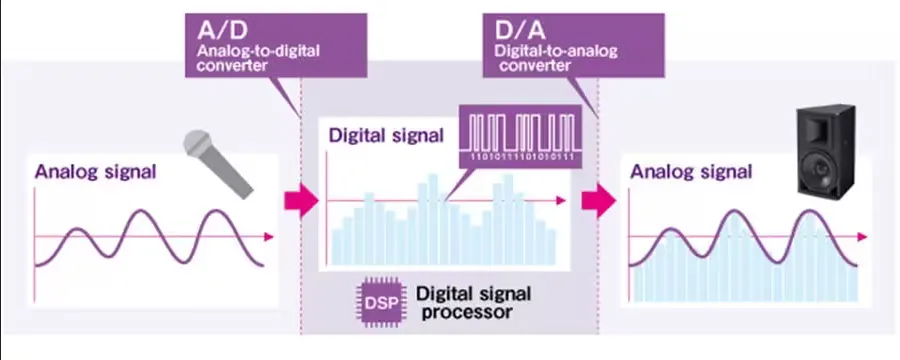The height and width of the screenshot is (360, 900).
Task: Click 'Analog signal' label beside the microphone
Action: click(95, 171)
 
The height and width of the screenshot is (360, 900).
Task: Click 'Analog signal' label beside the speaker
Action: click(690, 171)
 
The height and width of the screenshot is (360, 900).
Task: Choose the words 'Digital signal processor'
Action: click(473, 302)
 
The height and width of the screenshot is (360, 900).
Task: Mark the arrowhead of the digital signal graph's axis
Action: click(563, 202)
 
